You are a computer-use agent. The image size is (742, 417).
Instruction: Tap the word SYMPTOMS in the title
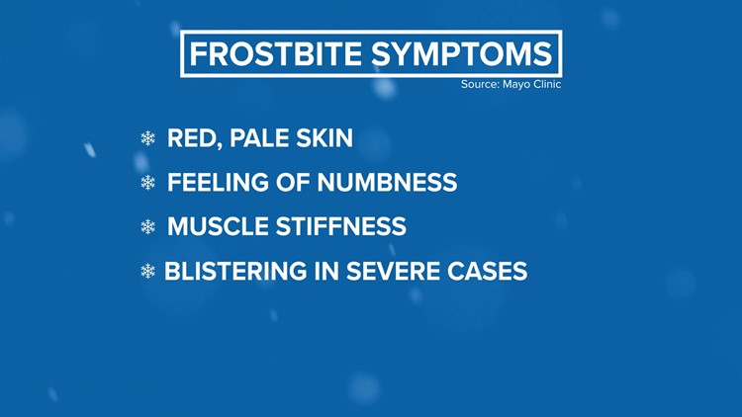coord(460,53)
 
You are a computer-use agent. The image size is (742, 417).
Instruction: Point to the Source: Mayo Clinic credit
coord(510,85)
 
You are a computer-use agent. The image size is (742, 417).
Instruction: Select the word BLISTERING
coord(234,271)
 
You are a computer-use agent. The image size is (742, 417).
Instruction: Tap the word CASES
coord(486,271)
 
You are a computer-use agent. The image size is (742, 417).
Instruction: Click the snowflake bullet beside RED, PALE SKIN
coord(147,139)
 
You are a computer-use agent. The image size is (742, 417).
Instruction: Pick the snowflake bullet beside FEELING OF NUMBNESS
coord(147,184)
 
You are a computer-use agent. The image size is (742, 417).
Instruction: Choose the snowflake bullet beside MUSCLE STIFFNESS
coord(147,227)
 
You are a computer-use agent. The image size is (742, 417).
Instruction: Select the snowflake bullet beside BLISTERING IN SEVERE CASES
coord(147,271)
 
